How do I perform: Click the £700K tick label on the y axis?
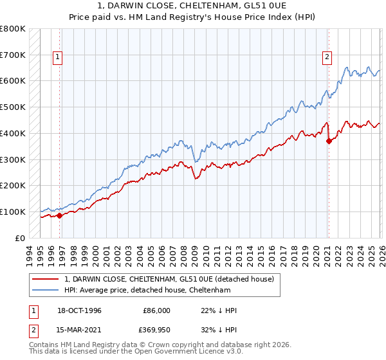pyautogui.click(x=13, y=55)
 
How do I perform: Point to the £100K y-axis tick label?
pyautogui.click(x=13, y=212)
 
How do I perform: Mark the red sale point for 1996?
pyautogui.click(x=60, y=215)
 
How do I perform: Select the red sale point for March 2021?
pyautogui.click(x=328, y=141)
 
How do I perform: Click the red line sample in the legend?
pyautogui.click(x=46, y=279)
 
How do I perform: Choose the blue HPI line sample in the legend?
pyautogui.click(x=46, y=290)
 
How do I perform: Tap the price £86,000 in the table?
pyautogui.click(x=156, y=310)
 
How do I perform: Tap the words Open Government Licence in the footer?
pyautogui.click(x=173, y=353)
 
